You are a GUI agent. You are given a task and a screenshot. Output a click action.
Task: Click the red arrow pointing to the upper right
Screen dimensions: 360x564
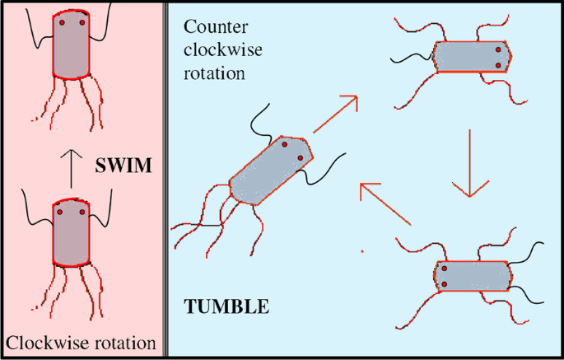[x=335, y=115]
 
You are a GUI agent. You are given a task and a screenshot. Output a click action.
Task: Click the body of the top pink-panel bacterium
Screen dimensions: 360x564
[x=71, y=47]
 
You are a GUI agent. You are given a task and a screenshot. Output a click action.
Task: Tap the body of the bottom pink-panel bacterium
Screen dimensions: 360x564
[x=71, y=234]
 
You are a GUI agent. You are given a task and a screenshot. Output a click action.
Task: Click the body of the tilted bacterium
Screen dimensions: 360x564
[x=273, y=170]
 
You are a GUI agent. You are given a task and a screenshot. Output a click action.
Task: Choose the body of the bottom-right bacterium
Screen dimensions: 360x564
[x=472, y=276]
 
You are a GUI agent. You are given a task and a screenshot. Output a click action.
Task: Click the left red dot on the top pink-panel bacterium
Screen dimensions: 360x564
[x=60, y=24]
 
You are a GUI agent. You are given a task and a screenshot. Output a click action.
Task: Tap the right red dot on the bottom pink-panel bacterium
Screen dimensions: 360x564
[x=83, y=211]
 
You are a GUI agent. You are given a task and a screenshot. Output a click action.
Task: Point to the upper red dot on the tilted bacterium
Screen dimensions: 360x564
[x=284, y=144]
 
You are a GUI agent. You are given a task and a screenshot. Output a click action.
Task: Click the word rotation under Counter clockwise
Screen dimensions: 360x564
[x=214, y=72]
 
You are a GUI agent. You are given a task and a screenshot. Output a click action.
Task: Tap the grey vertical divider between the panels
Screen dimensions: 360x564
[x=166, y=180]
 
